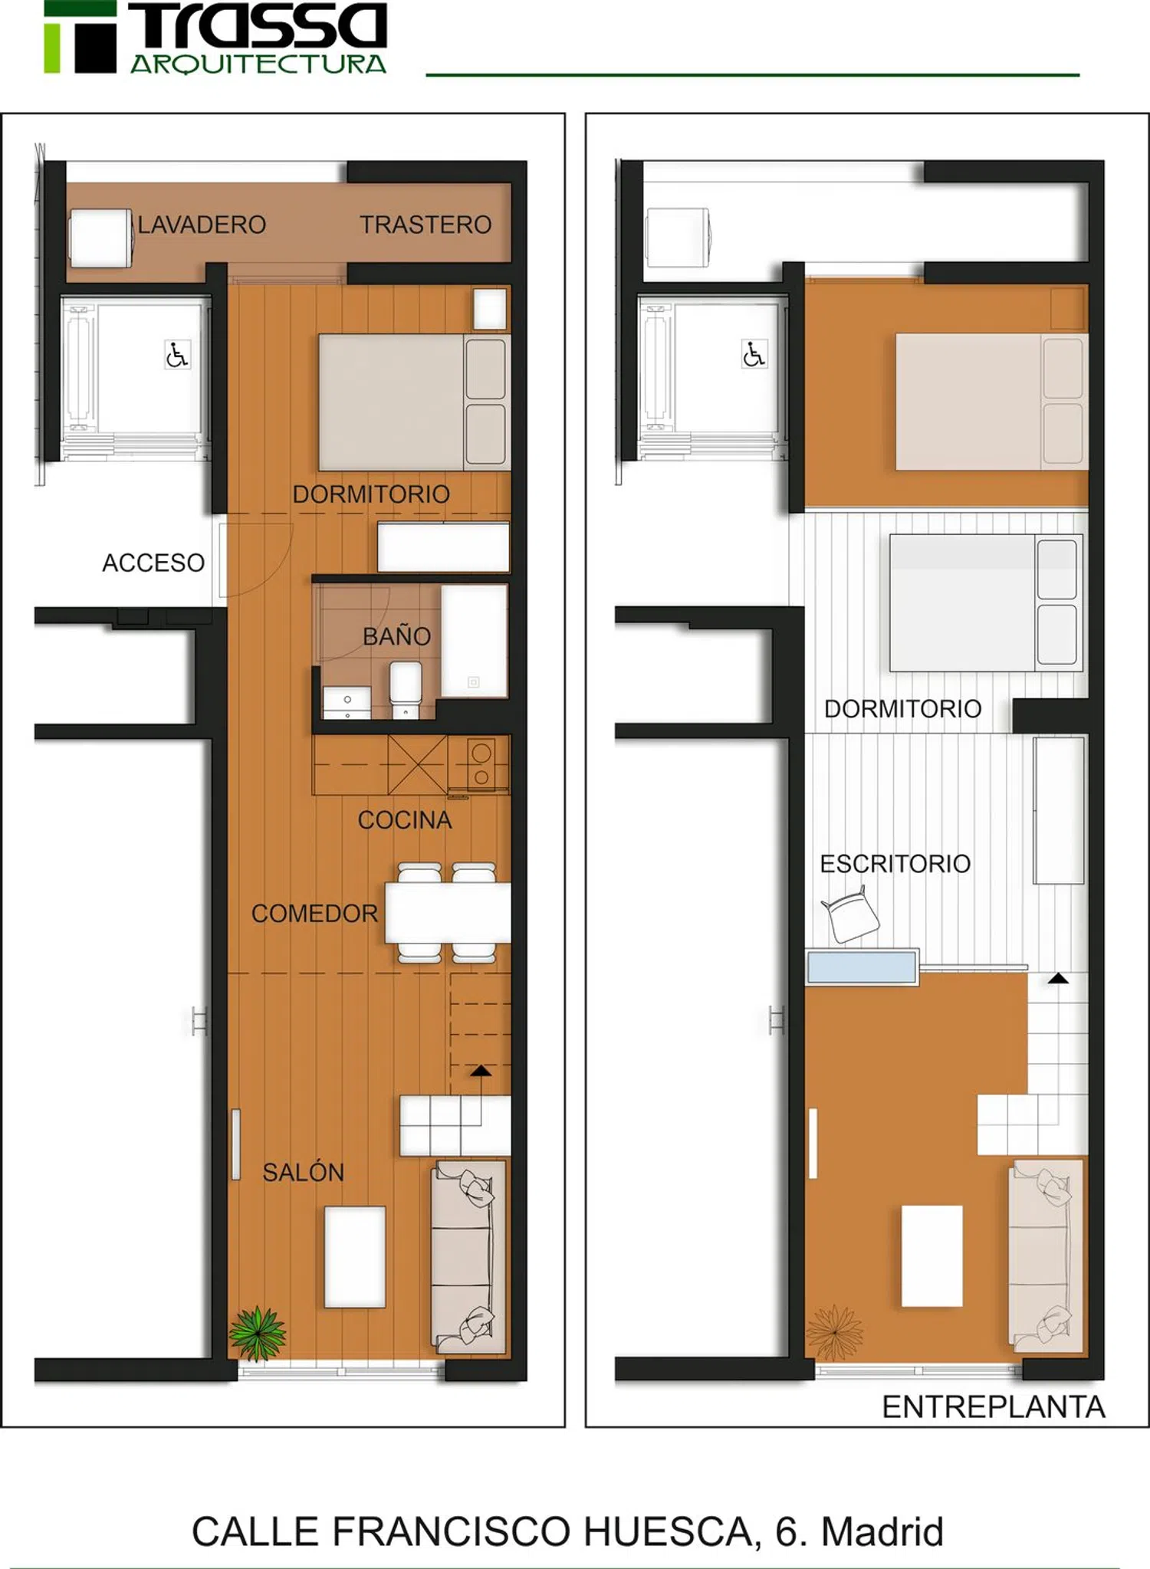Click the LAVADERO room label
coord(202,225)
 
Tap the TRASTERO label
coord(426,225)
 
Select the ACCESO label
coord(153,563)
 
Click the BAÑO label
coord(396,635)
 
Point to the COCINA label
coord(405,820)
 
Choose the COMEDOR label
coord(314,913)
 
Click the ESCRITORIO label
coord(895,864)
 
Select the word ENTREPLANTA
coord(994,1407)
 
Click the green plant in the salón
coord(258,1333)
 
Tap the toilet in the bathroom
coord(406,690)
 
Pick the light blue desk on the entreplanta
coord(862,967)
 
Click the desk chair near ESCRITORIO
coord(851,914)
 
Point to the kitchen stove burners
coord(481,764)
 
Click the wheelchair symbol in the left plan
coord(177,355)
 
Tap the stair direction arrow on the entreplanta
coord(1058,978)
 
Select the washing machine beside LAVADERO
coord(100,238)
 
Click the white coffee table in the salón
coord(355,1257)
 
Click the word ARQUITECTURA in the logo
coord(258,64)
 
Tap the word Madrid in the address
coord(882,1531)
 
